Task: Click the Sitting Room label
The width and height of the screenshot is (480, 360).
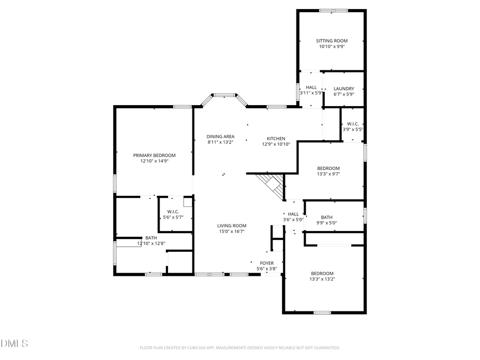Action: pyautogui.click(x=332, y=41)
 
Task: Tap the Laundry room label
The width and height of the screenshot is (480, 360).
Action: pyautogui.click(x=343, y=89)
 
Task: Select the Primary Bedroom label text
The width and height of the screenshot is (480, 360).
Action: pyautogui.click(x=154, y=155)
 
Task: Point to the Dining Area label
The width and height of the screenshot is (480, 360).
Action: pyautogui.click(x=221, y=137)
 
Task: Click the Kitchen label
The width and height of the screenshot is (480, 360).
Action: pyautogui.click(x=276, y=139)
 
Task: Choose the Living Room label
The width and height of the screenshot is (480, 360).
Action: pyautogui.click(x=231, y=226)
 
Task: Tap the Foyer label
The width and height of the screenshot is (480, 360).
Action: pyautogui.click(x=267, y=263)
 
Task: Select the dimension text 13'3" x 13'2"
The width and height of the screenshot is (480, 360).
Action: pyautogui.click(x=323, y=278)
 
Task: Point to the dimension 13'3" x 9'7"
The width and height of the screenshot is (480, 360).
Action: pyautogui.click(x=328, y=173)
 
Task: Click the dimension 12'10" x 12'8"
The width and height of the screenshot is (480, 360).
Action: pyautogui.click(x=151, y=243)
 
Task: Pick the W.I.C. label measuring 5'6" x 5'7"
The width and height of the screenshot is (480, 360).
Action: pyautogui.click(x=173, y=211)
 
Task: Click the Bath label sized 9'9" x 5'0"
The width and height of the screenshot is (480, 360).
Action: pyautogui.click(x=326, y=217)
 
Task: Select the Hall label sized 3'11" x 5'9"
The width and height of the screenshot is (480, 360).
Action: pyautogui.click(x=311, y=87)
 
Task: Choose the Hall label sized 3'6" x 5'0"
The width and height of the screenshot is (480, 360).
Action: pyautogui.click(x=293, y=214)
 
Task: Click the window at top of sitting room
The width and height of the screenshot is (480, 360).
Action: pyautogui.click(x=333, y=10)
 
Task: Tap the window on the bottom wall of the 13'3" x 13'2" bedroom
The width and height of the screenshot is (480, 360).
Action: pyautogui.click(x=322, y=313)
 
